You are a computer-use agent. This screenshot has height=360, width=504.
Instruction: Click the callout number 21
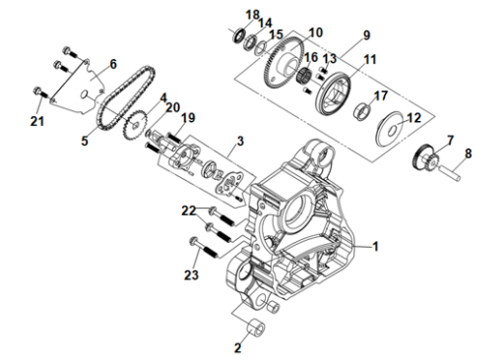(x=37, y=121)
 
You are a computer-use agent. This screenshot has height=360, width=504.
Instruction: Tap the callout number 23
(x=191, y=274)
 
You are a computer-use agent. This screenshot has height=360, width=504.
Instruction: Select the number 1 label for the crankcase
(x=375, y=246)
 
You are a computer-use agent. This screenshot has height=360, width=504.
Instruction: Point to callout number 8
(x=469, y=153)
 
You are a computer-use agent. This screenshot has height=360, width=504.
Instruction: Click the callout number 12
(x=413, y=118)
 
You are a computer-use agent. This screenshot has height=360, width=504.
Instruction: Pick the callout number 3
(x=240, y=141)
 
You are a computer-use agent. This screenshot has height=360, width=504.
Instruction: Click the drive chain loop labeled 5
(x=126, y=97)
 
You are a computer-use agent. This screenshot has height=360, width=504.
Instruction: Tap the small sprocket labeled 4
(x=134, y=125)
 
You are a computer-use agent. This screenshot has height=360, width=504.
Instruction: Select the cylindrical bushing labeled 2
(x=256, y=330)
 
